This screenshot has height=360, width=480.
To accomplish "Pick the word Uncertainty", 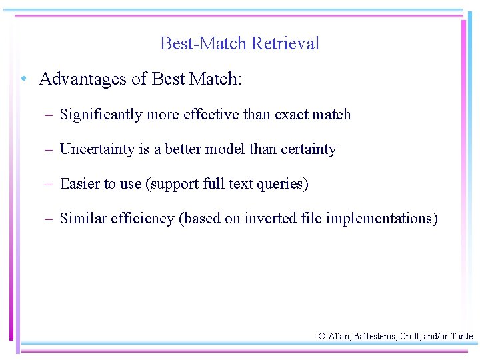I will point(97,149).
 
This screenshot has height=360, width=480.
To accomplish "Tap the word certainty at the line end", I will point(307,149).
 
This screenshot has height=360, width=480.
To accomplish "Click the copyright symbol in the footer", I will point(322,337).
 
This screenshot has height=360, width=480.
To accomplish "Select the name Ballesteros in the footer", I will point(375,337).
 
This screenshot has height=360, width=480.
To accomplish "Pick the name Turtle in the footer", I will point(461,337).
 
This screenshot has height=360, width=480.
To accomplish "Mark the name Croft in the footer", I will point(409,337).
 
